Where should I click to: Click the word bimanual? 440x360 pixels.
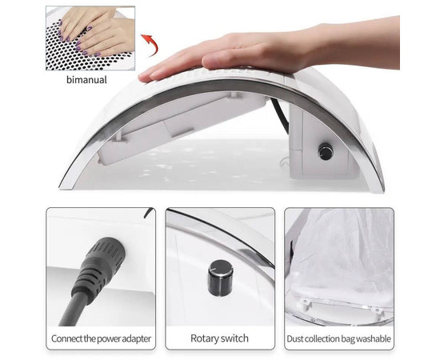86,80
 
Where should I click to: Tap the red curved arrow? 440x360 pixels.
151,44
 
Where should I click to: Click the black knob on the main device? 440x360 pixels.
326,152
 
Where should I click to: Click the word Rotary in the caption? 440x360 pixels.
204,338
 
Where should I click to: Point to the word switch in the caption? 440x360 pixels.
234,338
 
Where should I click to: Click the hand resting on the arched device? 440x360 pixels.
270,50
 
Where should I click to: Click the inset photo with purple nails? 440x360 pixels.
90,38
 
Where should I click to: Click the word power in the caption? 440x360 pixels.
108,339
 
